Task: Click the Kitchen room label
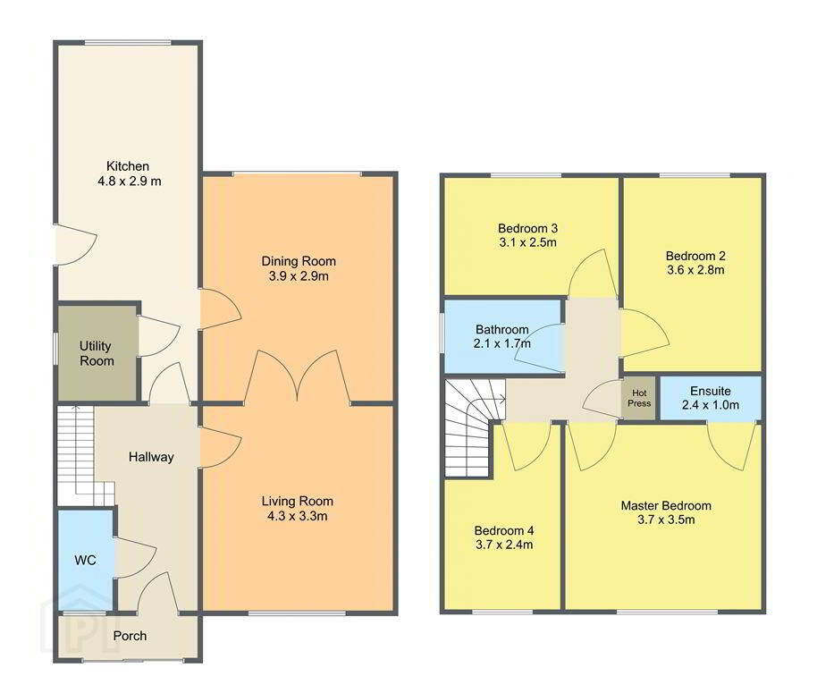pyautogui.click(x=128, y=166)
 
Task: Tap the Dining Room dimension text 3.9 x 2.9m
pyautogui.click(x=299, y=276)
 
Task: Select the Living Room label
pyautogui.click(x=298, y=502)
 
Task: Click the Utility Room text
pyautogui.click(x=97, y=353)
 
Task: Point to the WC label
pyautogui.click(x=85, y=560)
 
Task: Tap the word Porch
pyautogui.click(x=130, y=636)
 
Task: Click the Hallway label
pyautogui.click(x=151, y=457)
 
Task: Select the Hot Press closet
pyautogui.click(x=639, y=398)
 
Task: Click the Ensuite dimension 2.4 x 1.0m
pyautogui.click(x=711, y=405)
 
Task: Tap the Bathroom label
pyautogui.click(x=502, y=329)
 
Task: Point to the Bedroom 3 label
pyautogui.click(x=527, y=228)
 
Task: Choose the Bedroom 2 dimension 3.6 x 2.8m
pyautogui.click(x=695, y=270)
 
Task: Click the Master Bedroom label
pyautogui.click(x=666, y=505)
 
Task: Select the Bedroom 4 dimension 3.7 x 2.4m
pyautogui.click(x=504, y=545)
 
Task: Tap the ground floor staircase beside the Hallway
pyautogui.click(x=83, y=455)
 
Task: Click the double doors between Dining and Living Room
pyautogui.click(x=297, y=376)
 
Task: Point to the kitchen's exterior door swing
pyautogui.click(x=77, y=245)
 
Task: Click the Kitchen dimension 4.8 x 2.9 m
pyautogui.click(x=130, y=182)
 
